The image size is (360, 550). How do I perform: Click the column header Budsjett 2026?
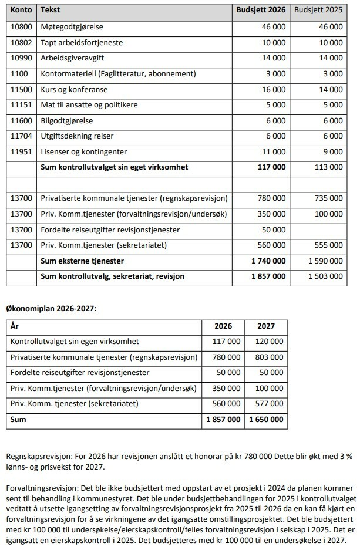[260, 11]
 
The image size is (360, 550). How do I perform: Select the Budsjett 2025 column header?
[318, 11]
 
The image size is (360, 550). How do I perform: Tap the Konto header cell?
[21, 11]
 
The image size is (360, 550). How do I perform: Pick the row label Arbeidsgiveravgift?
[73, 59]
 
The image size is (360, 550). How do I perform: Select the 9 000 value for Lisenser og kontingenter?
[333, 152]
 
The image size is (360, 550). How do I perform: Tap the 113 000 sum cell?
[329, 168]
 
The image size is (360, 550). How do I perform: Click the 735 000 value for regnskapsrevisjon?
[329, 198]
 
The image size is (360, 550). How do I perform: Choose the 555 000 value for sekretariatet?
[329, 245]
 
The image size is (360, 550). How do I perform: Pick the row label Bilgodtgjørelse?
[68, 121]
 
